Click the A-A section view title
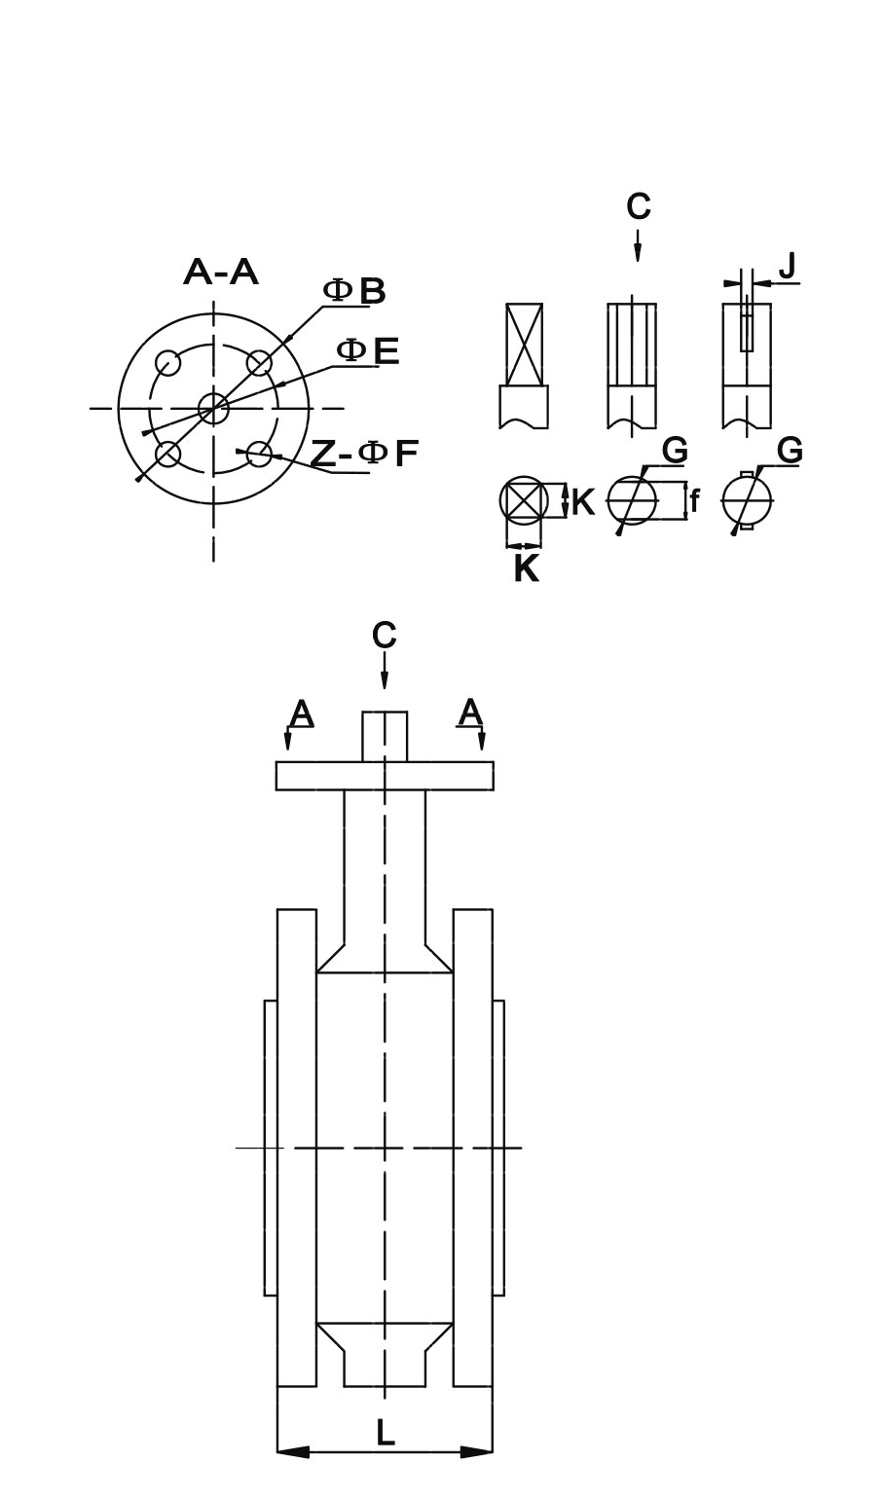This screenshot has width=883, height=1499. click(x=221, y=273)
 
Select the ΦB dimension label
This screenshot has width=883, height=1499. click(x=354, y=291)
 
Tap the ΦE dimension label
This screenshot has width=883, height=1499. click(x=368, y=350)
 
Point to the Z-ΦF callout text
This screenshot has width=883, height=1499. click(x=364, y=453)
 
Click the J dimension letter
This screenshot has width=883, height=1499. click(x=787, y=265)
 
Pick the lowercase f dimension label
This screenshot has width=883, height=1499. click(x=694, y=502)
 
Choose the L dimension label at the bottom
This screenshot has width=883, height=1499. click(x=386, y=1432)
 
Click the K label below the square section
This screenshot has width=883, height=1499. click(x=526, y=568)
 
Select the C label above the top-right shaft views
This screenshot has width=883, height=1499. click(x=638, y=206)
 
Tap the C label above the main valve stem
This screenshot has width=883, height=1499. click(x=385, y=635)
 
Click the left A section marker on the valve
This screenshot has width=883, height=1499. click(x=302, y=714)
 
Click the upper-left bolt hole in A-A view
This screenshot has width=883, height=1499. click(x=168, y=363)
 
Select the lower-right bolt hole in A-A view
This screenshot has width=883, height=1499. click(x=259, y=453)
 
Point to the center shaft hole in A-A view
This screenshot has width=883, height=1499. click(x=213, y=408)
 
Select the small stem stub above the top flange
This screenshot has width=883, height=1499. click(x=385, y=736)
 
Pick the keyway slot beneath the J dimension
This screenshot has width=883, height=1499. click(x=747, y=328)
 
